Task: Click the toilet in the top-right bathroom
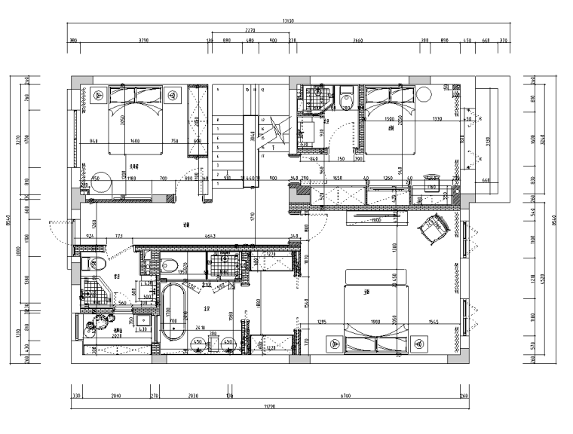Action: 345,97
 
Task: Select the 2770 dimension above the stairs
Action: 250,31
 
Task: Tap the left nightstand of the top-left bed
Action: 99,96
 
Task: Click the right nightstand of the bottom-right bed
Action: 417,343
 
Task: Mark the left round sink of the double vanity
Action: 198,343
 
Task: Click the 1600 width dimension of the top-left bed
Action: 134,141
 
